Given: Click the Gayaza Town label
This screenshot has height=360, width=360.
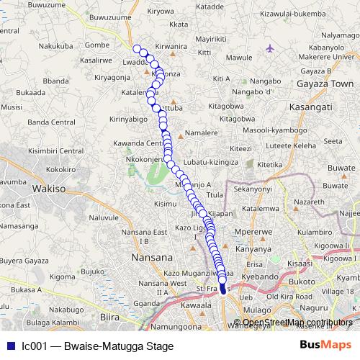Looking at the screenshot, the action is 320,84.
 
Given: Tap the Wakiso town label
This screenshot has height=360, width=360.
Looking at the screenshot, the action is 48,189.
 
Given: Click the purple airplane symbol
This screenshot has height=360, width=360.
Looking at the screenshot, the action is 270,48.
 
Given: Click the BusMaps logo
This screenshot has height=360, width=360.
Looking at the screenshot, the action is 321,344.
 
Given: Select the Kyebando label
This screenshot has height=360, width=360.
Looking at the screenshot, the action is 260,276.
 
